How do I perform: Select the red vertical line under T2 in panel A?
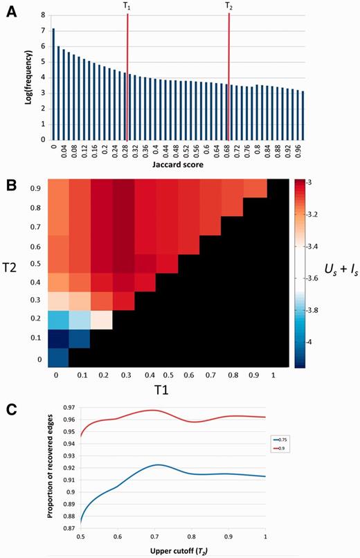[x=228, y=76]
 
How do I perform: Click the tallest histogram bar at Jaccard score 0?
[x=53, y=84]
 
